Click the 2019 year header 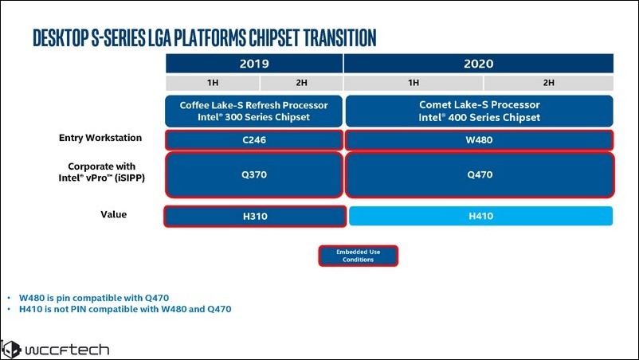coord(254,64)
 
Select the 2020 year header coord(478,64)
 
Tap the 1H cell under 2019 coord(212,83)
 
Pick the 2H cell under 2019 coord(301,83)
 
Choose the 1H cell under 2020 coord(414,83)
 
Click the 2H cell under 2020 coord(548,83)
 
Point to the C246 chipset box coord(254,140)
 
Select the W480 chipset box coord(480,140)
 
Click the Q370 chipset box coord(254,174)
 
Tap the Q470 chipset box coord(480,174)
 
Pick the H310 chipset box coord(255,217)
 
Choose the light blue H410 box coord(481,216)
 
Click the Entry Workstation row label coord(100,138)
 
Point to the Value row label coord(114,214)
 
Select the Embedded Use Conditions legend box coord(359,256)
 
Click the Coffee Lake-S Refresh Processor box coord(253,112)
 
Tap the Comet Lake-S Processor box coord(480,112)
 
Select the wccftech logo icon coord(10,350)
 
